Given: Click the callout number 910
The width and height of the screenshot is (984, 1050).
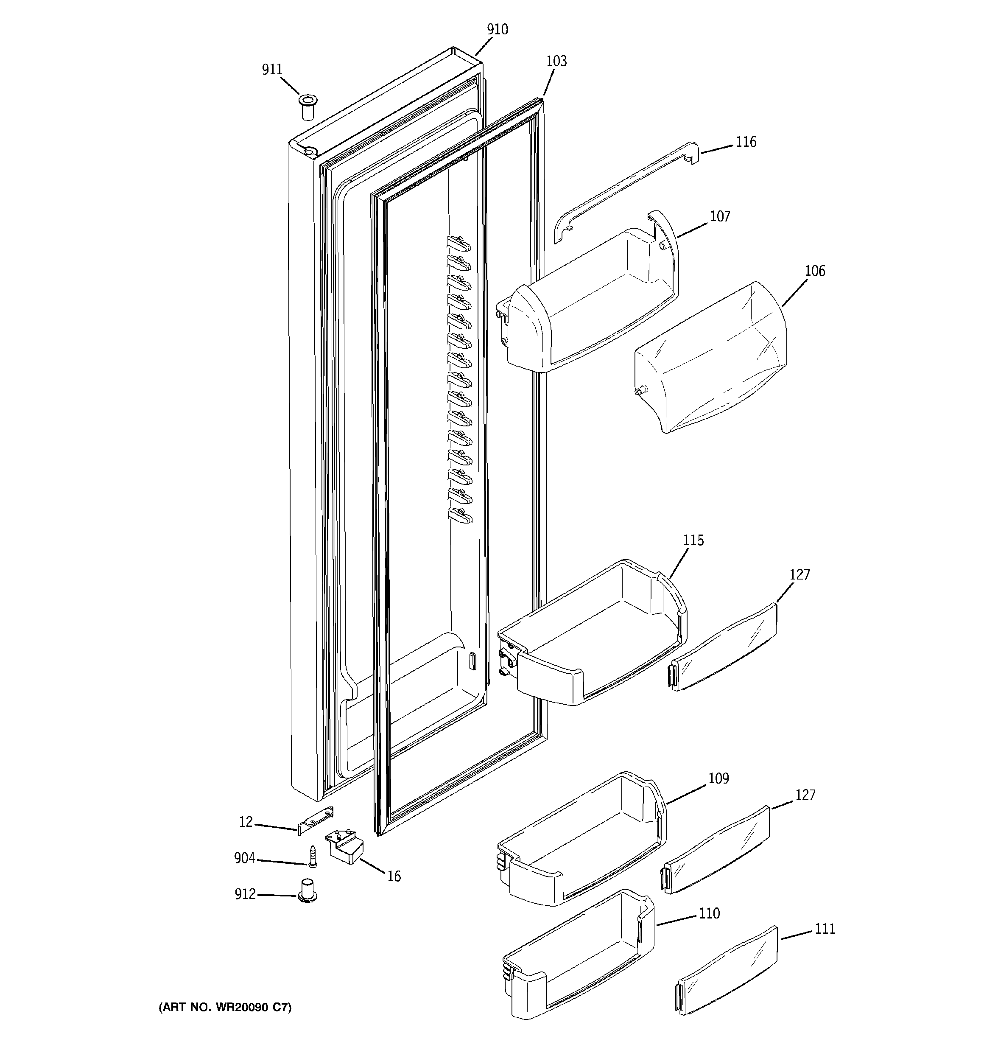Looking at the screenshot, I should (497, 30).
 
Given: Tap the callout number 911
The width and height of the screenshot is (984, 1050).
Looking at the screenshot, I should (272, 70).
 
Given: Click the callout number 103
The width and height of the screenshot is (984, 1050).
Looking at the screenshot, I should (556, 61).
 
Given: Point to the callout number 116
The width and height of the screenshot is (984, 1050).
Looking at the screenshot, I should (746, 142).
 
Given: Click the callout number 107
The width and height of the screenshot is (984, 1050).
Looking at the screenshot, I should (720, 216).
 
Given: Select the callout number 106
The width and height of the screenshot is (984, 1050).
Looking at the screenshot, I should (814, 271).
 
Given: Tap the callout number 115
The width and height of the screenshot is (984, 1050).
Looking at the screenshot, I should (693, 540).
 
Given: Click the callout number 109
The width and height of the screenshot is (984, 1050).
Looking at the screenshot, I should (718, 778).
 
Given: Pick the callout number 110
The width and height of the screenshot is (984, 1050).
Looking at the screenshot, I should (709, 913).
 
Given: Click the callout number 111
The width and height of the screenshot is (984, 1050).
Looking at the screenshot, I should (825, 929).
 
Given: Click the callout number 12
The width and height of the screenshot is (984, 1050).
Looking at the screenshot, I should (246, 822).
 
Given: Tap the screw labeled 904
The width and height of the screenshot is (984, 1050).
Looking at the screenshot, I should (312, 856).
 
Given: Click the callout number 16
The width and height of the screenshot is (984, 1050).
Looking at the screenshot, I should (394, 877).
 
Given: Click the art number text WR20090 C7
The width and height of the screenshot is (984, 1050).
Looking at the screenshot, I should (225, 1007).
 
